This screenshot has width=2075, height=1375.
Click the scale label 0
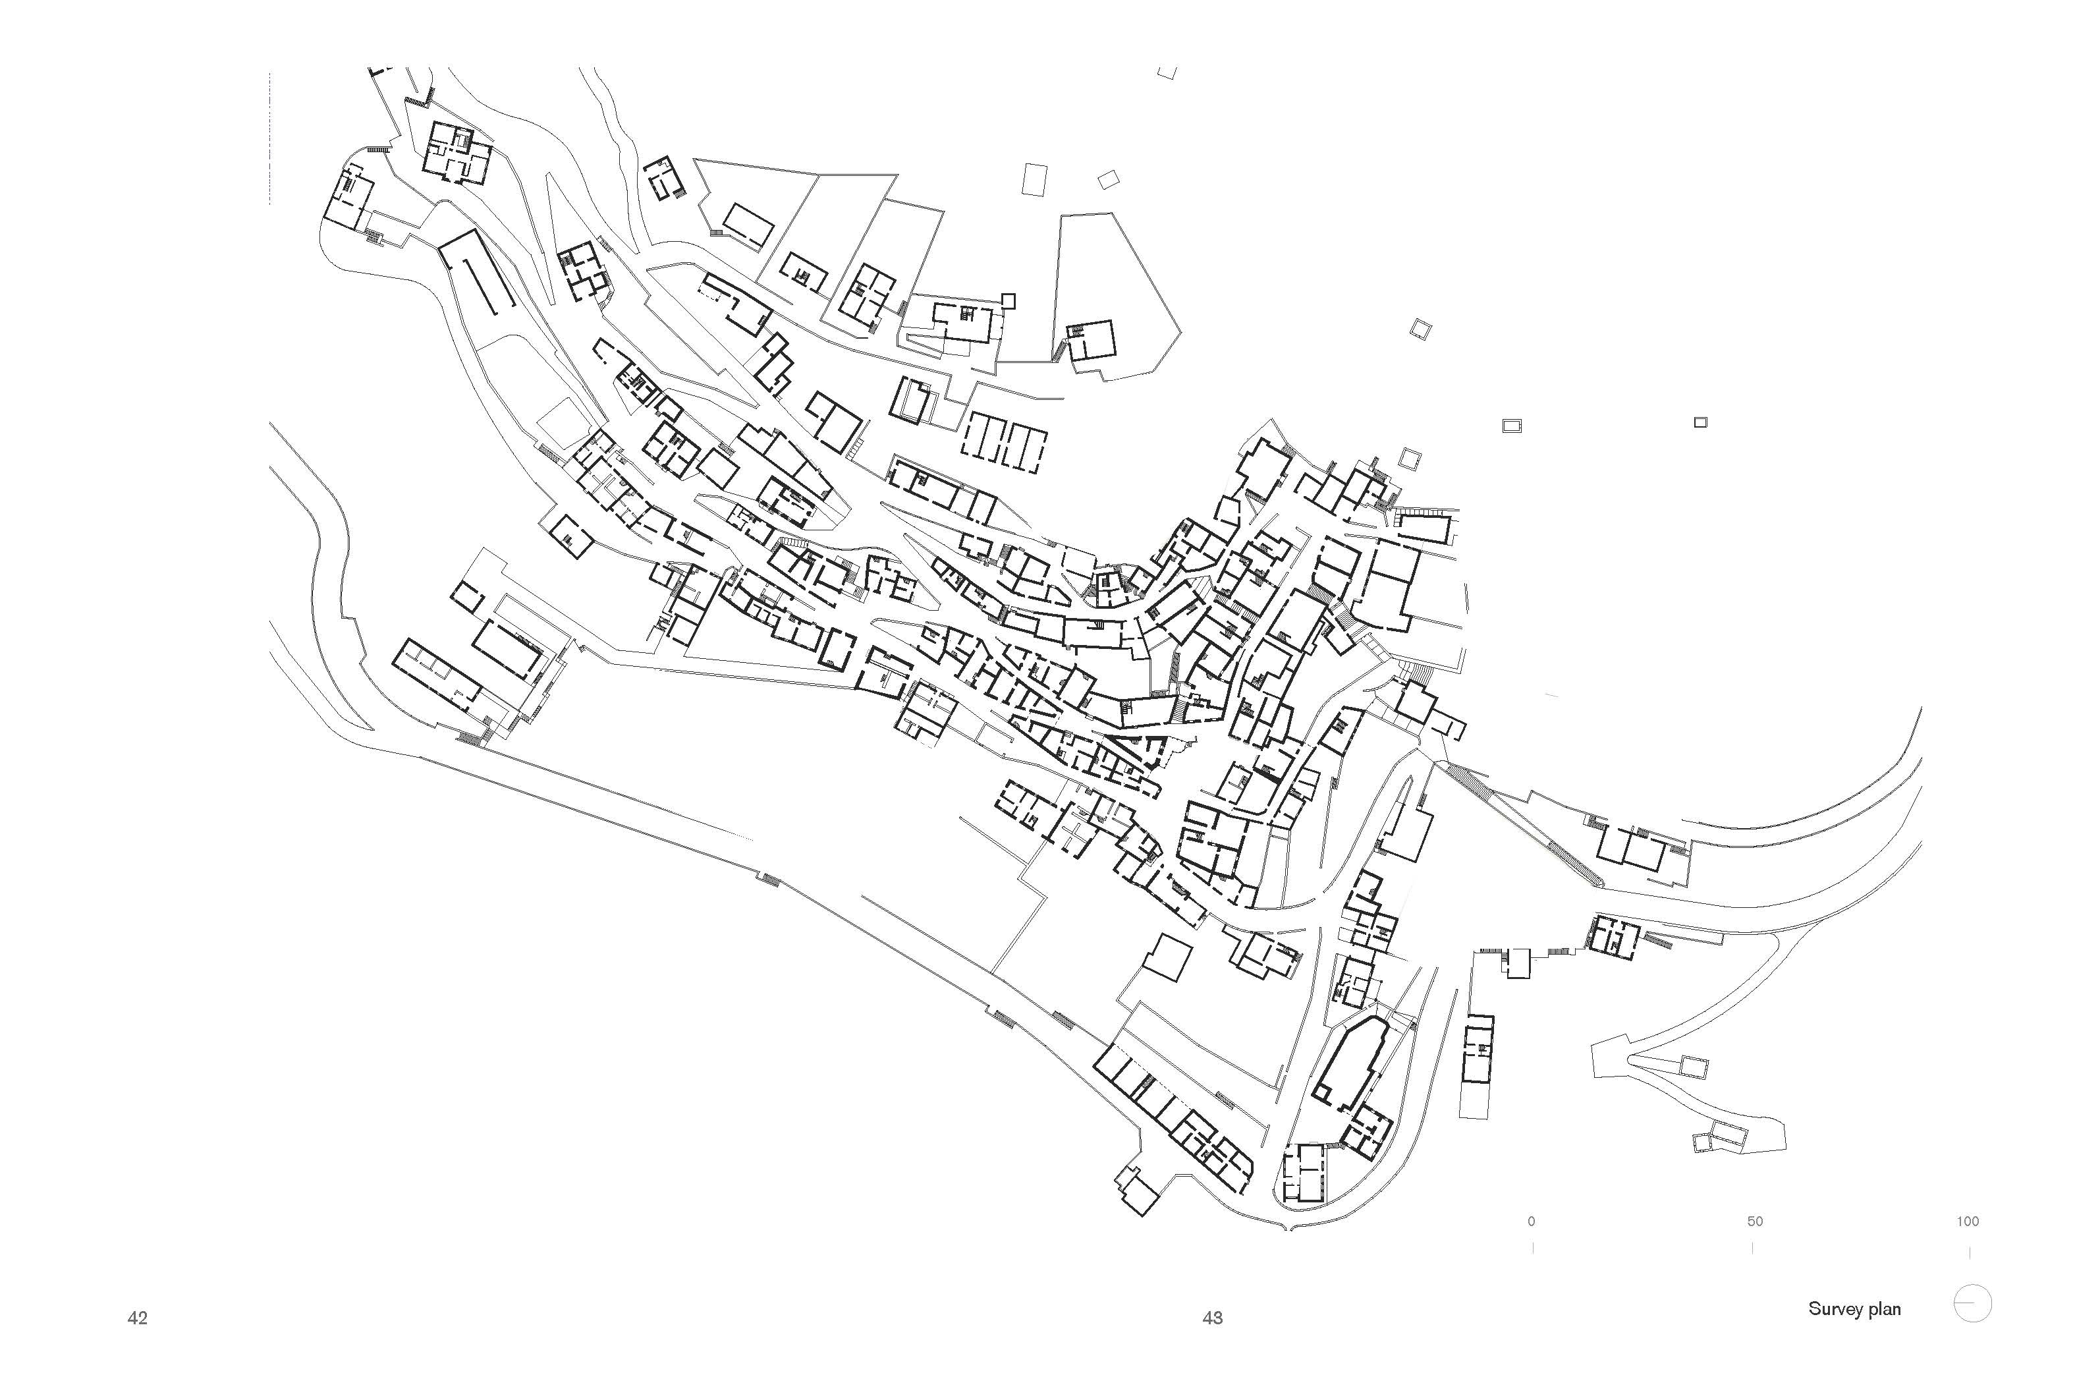click(1532, 1221)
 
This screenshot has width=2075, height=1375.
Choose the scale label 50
click(1754, 1221)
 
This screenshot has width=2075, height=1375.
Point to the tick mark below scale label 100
click(1970, 1253)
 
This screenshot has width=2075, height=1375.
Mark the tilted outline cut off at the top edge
click(1167, 72)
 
